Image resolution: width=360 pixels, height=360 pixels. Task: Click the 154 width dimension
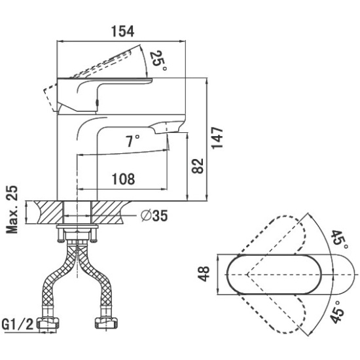122,31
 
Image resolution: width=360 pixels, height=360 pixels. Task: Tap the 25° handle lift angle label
158,61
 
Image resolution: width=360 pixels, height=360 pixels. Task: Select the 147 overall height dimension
217,137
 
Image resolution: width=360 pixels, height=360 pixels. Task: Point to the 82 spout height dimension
198,166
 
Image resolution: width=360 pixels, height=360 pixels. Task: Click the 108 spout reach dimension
123,179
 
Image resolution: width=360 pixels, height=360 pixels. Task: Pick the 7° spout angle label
132,141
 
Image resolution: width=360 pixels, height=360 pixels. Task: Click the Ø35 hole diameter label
154,215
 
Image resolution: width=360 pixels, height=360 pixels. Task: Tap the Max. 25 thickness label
12,209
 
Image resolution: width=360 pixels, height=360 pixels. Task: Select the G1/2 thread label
18,324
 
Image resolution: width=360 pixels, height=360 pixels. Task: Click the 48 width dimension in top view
204,274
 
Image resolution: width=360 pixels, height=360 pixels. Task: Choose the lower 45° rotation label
337,312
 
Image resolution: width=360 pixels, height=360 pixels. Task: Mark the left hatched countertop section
49,212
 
